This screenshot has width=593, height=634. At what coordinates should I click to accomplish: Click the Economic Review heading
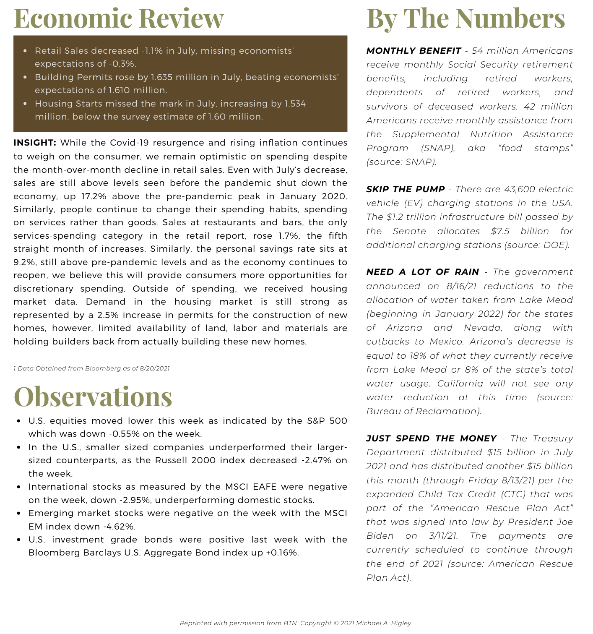[119, 18]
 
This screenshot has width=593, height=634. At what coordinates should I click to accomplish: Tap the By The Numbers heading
[466, 18]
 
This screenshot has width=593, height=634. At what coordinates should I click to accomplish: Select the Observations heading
[93, 397]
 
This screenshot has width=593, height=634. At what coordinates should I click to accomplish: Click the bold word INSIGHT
[35, 143]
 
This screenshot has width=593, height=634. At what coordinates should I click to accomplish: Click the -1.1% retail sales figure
[153, 51]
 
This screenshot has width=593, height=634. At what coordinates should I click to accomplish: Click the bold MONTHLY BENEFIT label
[414, 51]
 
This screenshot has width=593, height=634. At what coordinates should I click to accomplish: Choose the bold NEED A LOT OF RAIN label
[422, 272]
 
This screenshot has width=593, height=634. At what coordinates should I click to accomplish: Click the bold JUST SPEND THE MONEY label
[431, 438]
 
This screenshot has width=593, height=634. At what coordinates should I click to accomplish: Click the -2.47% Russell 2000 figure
[316, 460]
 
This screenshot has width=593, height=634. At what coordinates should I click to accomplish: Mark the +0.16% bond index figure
[282, 553]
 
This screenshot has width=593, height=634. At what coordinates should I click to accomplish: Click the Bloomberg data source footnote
[91, 368]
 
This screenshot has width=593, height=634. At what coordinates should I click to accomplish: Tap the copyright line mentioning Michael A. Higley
[296, 623]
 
